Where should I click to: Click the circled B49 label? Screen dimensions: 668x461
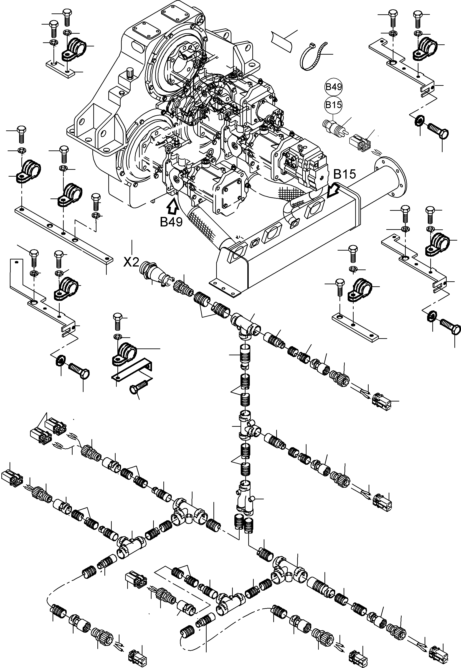click(x=334, y=87)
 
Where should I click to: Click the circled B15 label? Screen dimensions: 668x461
click(x=334, y=105)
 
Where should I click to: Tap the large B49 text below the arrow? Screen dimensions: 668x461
click(x=171, y=222)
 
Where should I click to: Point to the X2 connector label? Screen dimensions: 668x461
click(x=132, y=262)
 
